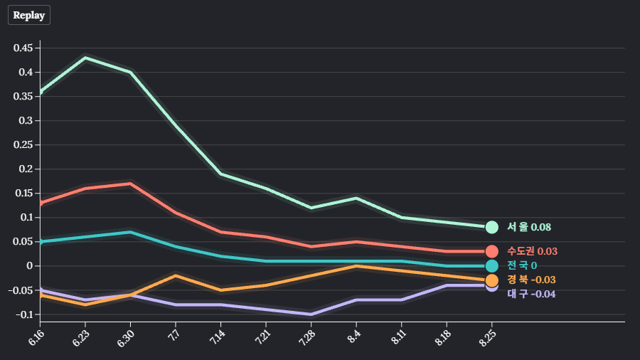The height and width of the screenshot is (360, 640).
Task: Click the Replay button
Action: point(28,15)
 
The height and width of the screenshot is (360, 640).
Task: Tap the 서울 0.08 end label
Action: point(529,228)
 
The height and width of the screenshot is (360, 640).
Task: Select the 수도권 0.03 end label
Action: point(532,251)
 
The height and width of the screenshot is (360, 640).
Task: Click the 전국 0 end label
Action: point(522,266)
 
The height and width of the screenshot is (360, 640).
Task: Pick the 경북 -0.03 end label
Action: point(531,280)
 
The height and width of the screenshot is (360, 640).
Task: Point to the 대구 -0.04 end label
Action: point(531,294)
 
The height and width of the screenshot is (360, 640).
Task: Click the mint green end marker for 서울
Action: point(491,228)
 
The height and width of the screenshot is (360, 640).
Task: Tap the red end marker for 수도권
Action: point(491,251)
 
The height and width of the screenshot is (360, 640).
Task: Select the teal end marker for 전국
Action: point(491,266)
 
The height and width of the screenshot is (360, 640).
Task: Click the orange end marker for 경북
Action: point(491,280)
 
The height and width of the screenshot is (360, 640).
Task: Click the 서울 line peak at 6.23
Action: point(85,58)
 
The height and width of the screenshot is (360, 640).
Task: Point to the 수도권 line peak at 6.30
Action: point(130,184)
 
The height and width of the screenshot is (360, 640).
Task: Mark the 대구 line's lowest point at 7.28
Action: point(311,314)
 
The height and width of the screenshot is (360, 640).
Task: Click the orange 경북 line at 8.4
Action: point(356,266)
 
